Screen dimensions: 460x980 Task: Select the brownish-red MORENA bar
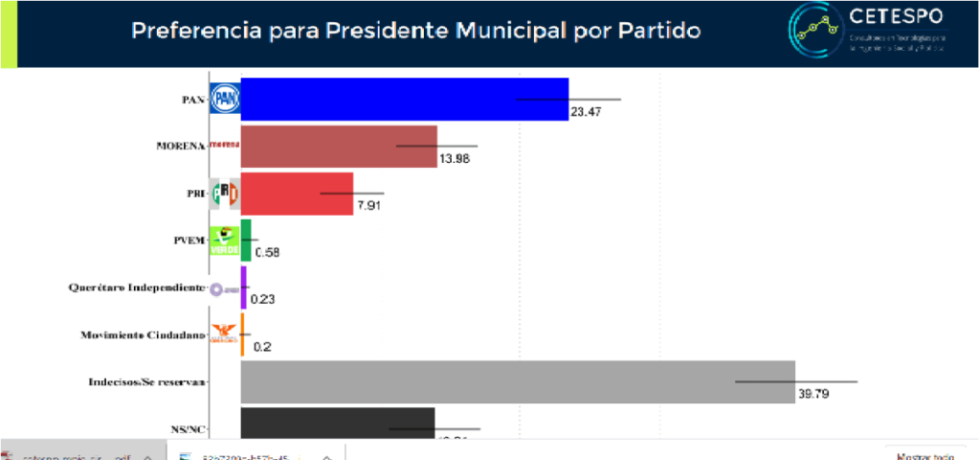click(339, 146)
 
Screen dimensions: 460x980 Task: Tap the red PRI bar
click(297, 193)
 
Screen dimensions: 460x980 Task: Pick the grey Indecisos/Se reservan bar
click(517, 381)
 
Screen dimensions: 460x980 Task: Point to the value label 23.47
click(585, 111)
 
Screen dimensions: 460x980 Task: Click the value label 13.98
click(455, 158)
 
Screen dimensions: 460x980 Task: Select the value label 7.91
click(369, 205)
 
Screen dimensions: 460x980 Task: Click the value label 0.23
click(262, 299)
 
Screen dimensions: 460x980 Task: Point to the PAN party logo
click(224, 98)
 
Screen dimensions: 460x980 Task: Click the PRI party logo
click(224, 193)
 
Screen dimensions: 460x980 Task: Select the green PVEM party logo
click(224, 240)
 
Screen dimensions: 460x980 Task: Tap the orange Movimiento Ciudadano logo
click(224, 333)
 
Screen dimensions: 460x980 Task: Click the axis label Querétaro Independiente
click(137, 287)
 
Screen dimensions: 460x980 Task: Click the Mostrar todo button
click(924, 455)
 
